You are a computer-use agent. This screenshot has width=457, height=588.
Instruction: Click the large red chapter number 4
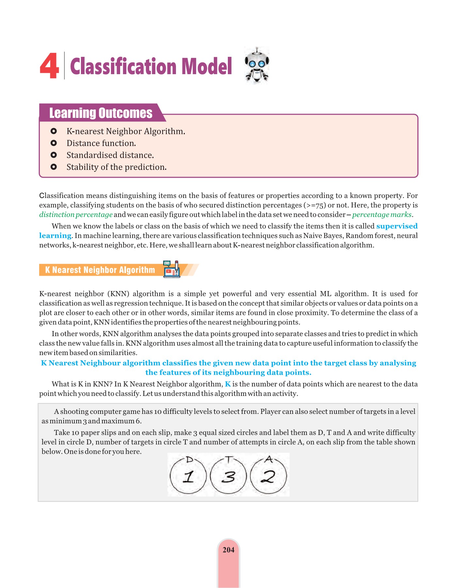click(x=49, y=67)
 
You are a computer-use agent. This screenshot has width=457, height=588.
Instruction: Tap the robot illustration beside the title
click(x=257, y=65)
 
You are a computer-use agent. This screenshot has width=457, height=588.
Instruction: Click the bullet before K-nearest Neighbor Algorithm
click(x=54, y=131)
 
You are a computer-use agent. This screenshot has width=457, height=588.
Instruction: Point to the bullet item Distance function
click(x=101, y=143)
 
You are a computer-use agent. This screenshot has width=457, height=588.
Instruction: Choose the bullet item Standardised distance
click(x=110, y=155)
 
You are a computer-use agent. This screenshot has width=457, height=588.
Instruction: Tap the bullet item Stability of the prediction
click(x=117, y=167)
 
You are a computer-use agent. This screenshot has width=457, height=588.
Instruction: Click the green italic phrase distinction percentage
click(x=76, y=215)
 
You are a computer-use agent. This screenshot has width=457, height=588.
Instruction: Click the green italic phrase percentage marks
click(x=382, y=215)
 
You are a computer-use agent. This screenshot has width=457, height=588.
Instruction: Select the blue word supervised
click(x=397, y=226)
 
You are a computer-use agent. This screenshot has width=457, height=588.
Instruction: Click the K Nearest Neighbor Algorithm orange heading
click(x=100, y=270)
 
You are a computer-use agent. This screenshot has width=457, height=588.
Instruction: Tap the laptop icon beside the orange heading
click(x=172, y=269)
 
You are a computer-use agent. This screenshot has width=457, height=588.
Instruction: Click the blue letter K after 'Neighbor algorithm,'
click(x=228, y=384)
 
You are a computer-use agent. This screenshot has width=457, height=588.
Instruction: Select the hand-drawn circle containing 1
click(x=188, y=476)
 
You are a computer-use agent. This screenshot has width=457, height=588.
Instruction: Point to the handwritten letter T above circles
click(x=229, y=459)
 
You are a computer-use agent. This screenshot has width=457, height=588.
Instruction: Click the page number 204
click(x=228, y=550)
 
